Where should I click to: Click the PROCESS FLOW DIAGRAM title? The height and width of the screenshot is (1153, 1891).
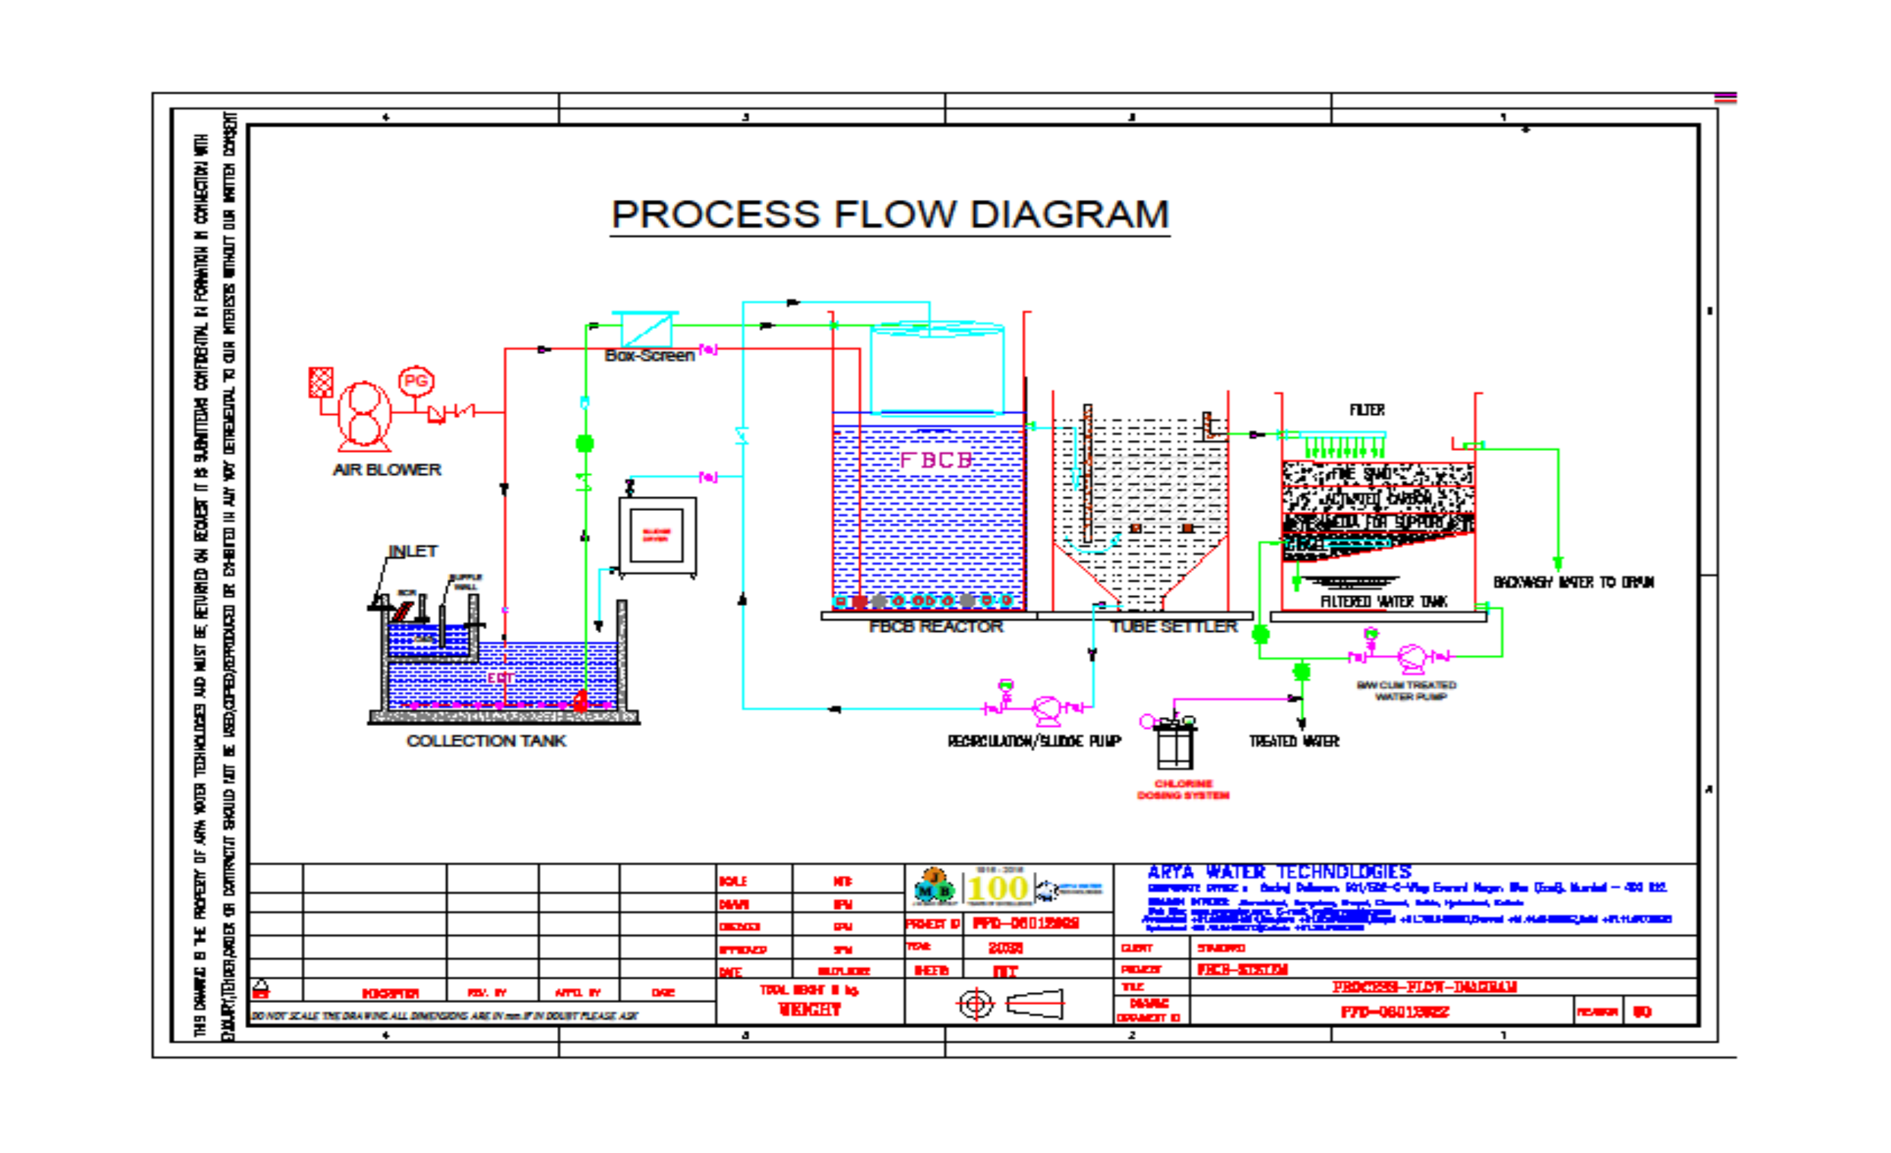(890, 214)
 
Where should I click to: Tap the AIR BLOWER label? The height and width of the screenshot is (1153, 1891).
(387, 469)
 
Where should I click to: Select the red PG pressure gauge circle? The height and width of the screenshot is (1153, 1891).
(416, 381)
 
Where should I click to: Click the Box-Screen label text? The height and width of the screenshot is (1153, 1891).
(649, 355)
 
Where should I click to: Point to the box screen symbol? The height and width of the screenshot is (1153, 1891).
(645, 330)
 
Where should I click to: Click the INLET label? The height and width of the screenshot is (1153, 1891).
(413, 551)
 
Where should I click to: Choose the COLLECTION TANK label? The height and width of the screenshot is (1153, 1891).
(486, 740)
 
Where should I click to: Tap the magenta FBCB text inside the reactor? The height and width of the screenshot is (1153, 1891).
(935, 460)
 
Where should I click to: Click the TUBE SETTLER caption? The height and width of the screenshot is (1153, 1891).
(1174, 627)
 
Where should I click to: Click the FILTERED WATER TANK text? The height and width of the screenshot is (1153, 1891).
(1383, 602)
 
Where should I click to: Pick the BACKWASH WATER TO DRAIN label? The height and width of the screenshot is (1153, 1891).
(1574, 582)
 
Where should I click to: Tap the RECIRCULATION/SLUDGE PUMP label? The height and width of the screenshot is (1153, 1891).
(1034, 741)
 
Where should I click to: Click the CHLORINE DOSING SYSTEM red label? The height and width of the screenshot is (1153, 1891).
(1182, 789)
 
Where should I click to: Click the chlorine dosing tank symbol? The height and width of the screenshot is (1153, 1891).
(1174, 744)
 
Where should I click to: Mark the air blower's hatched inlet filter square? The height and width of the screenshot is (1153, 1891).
(321, 382)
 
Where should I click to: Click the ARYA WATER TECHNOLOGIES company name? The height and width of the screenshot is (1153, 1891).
(1279, 872)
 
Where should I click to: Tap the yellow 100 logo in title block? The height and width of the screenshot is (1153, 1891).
(997, 889)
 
